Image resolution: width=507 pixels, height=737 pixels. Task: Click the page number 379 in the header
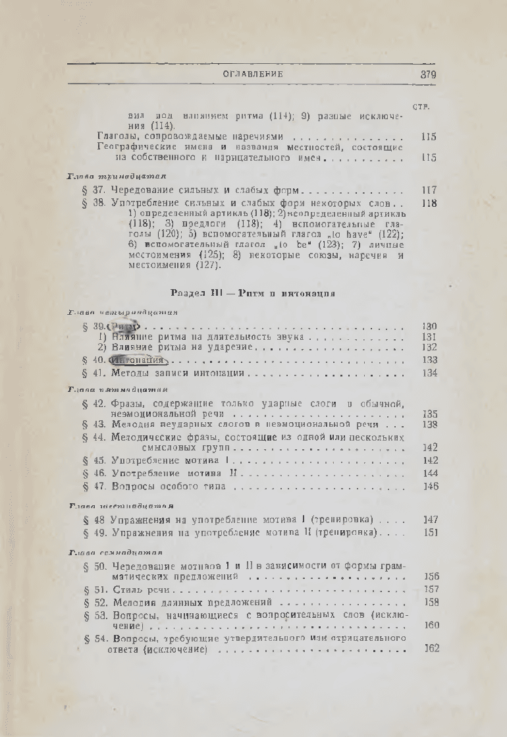click(x=428, y=75)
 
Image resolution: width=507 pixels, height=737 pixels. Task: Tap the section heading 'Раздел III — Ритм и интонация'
click(x=254, y=293)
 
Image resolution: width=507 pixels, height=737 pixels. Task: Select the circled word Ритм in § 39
click(x=124, y=327)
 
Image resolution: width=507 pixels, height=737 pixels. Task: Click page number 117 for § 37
click(x=429, y=190)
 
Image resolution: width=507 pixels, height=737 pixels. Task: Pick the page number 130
click(x=429, y=327)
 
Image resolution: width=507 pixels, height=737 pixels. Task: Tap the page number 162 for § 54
click(x=431, y=649)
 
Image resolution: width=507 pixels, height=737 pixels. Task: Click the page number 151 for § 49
click(x=430, y=532)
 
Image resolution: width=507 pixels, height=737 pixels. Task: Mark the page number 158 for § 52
click(x=431, y=602)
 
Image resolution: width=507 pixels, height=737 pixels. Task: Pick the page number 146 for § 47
click(x=431, y=487)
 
